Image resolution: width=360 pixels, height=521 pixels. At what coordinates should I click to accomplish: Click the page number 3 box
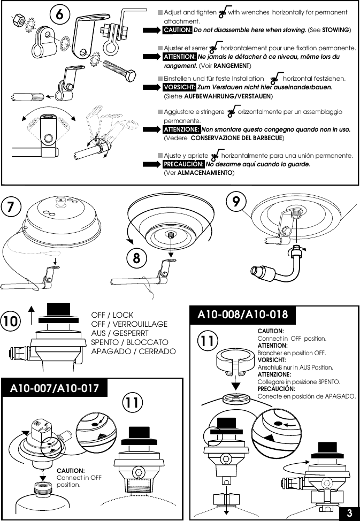point(349,513)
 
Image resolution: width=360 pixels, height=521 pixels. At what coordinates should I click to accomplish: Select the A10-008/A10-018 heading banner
point(242,315)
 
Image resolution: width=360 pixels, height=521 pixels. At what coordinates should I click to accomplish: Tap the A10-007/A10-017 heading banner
point(55,388)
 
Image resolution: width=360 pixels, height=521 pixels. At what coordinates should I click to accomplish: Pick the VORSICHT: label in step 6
point(179,87)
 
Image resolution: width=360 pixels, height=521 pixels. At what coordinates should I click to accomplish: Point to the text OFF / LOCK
point(112,315)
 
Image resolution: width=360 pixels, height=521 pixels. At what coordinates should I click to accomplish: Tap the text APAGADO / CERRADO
point(133,351)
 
